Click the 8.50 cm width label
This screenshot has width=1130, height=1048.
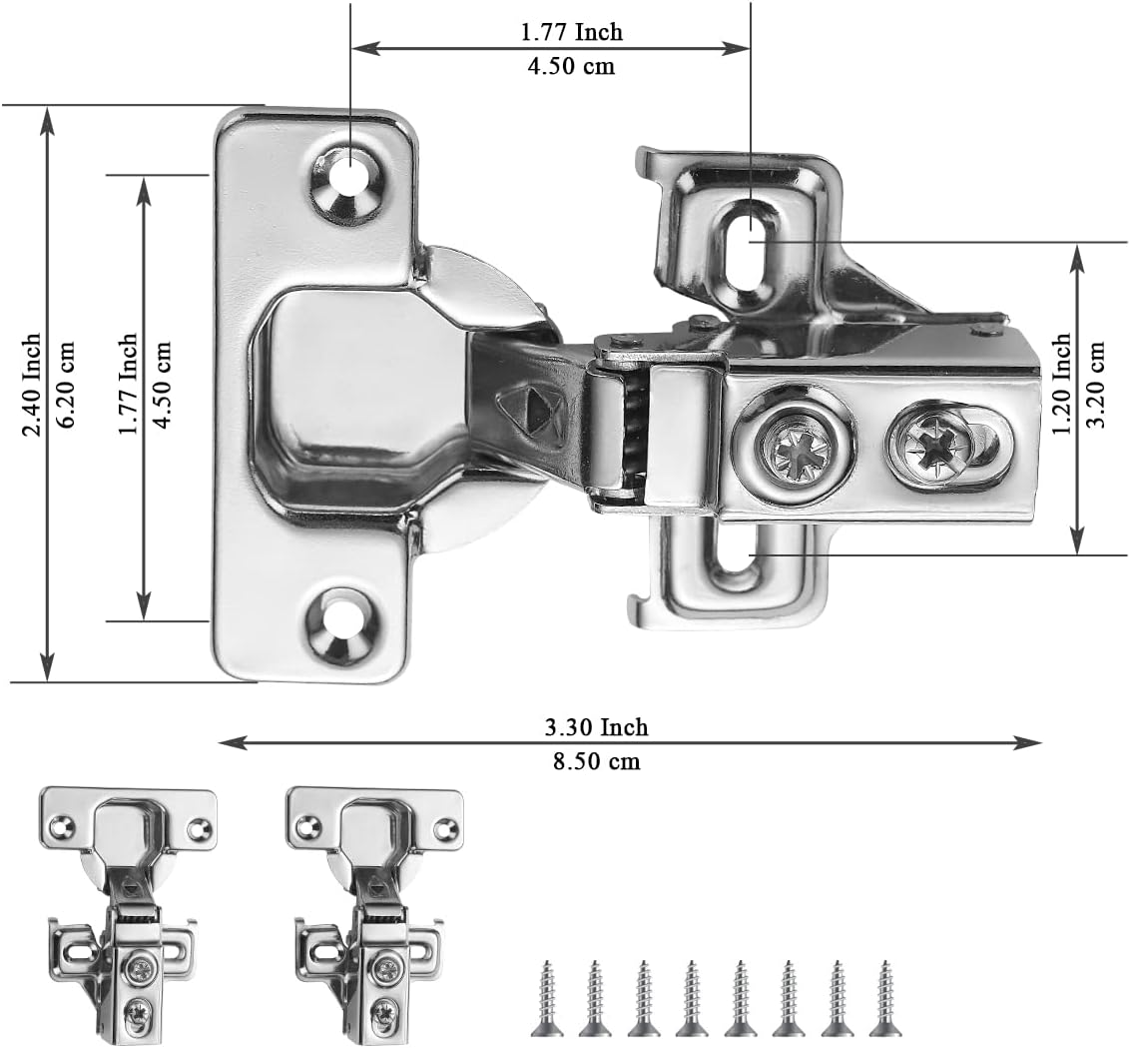pyautogui.click(x=596, y=762)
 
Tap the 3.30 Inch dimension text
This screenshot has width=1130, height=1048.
pyautogui.click(x=596, y=727)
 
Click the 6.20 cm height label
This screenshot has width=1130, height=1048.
pyautogui.click(x=67, y=385)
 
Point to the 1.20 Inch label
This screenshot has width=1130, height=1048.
pyautogui.click(x=1062, y=384)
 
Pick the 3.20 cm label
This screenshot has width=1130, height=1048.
pyautogui.click(x=1097, y=384)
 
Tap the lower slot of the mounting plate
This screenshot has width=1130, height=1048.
pyautogui.click(x=737, y=556)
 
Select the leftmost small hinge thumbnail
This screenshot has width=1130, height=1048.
pyautogui.click(x=127, y=908)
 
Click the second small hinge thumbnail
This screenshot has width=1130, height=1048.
pyautogui.click(x=373, y=908)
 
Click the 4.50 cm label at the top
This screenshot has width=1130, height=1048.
pyautogui.click(x=570, y=67)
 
